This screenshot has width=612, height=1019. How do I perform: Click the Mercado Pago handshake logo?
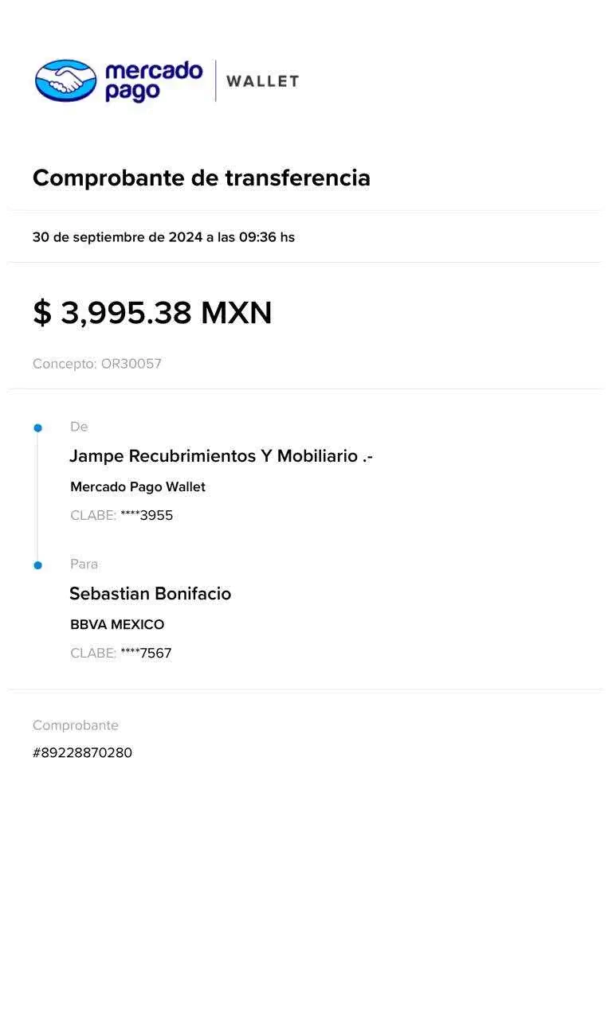coord(66,80)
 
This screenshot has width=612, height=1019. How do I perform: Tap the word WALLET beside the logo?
coord(263,81)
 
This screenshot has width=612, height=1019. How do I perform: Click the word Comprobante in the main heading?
coord(108,178)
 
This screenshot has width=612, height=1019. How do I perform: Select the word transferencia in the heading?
coord(298,178)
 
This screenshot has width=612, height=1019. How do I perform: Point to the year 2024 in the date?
coord(186,237)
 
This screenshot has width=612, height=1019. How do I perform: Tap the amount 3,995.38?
coord(126,313)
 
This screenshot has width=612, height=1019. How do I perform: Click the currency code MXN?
coord(237,313)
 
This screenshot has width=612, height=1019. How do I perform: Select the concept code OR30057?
coord(131,364)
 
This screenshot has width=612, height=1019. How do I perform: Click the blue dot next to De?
coord(37,428)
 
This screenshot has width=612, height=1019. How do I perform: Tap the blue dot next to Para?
coord(37,565)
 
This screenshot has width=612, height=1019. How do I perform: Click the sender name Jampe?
coord(96,456)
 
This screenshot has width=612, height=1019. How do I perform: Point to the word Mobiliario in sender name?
coord(317,456)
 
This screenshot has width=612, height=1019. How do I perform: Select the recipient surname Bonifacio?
coord(193,594)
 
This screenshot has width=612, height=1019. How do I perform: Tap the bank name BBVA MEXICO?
coord(117,625)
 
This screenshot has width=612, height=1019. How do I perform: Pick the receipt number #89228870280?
coord(82,753)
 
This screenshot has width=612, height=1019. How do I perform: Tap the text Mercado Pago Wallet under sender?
coord(138,487)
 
